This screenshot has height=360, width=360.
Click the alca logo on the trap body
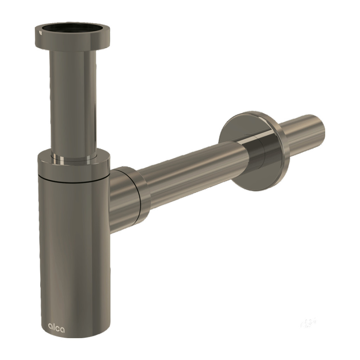(x=56, y=328)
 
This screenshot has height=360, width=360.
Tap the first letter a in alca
(x=50, y=327)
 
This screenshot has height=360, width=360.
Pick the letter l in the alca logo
(x=54, y=327)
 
